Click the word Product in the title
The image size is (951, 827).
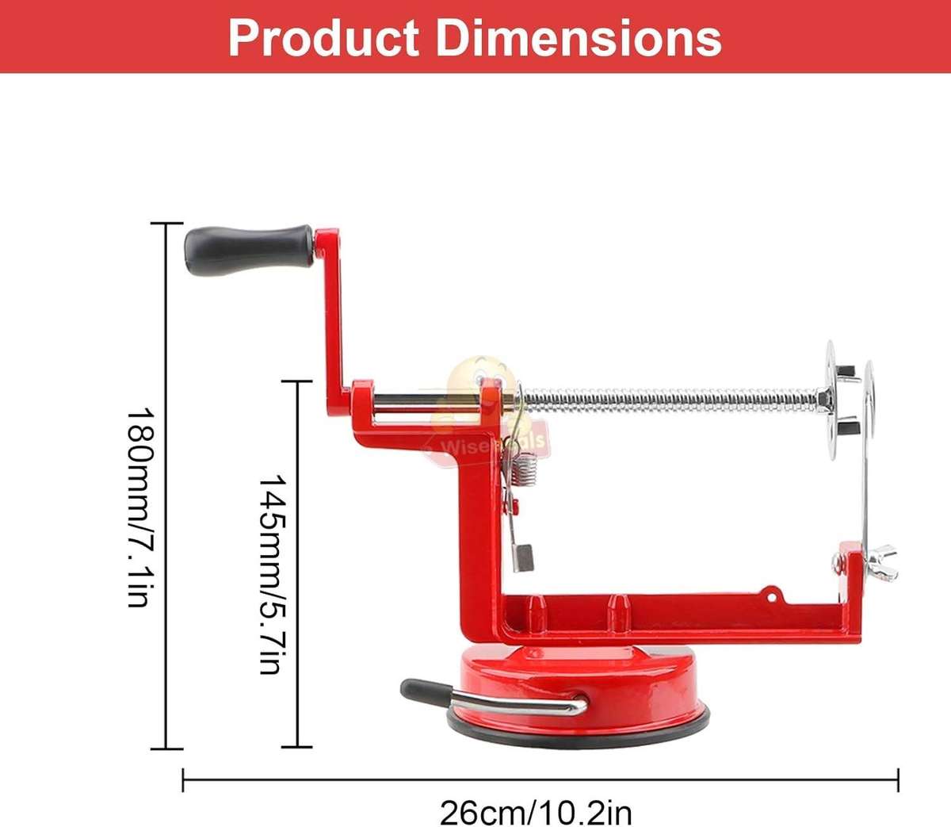(323, 37)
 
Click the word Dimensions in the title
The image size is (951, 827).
(579, 37)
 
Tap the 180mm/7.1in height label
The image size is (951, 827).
(139, 507)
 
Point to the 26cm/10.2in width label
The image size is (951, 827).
(536, 813)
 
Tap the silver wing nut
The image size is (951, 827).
(882, 554)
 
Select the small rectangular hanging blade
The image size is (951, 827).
(524, 556)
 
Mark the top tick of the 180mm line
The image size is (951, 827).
(166, 224)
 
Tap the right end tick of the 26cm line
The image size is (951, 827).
(898, 779)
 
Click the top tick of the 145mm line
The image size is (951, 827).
(298, 381)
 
